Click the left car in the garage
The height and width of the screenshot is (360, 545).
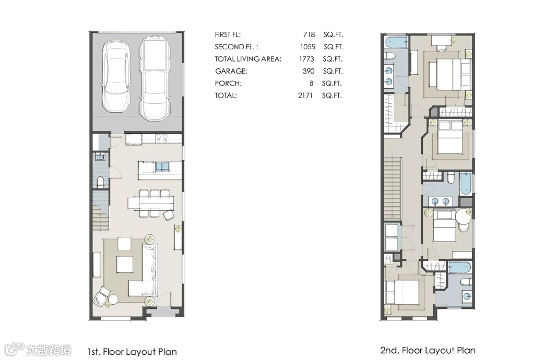coord(116,76)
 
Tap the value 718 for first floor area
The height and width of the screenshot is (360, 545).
coord(309,34)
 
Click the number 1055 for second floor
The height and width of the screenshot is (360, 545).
coord(307,46)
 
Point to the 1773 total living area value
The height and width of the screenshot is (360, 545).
coord(306,59)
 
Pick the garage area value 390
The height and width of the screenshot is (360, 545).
coord(309,71)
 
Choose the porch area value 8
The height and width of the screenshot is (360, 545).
coord(311,83)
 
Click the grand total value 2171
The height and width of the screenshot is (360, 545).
coord(305,95)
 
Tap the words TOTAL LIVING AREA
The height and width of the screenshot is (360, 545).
coord(248,59)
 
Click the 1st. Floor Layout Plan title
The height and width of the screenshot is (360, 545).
coord(132,352)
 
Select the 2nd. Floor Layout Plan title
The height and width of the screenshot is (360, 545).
coord(428,350)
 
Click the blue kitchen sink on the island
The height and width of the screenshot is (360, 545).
coord(162,167)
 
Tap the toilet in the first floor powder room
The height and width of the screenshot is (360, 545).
coord(100,182)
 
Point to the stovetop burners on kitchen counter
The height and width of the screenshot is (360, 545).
coord(162,138)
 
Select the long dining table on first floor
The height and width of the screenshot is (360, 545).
coord(150,203)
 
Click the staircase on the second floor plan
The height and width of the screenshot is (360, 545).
coord(393,188)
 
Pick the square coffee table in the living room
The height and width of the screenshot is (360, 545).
coord(124,265)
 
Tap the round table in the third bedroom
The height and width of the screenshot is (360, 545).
coord(463,217)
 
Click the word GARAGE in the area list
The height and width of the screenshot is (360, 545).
coord(231,71)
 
